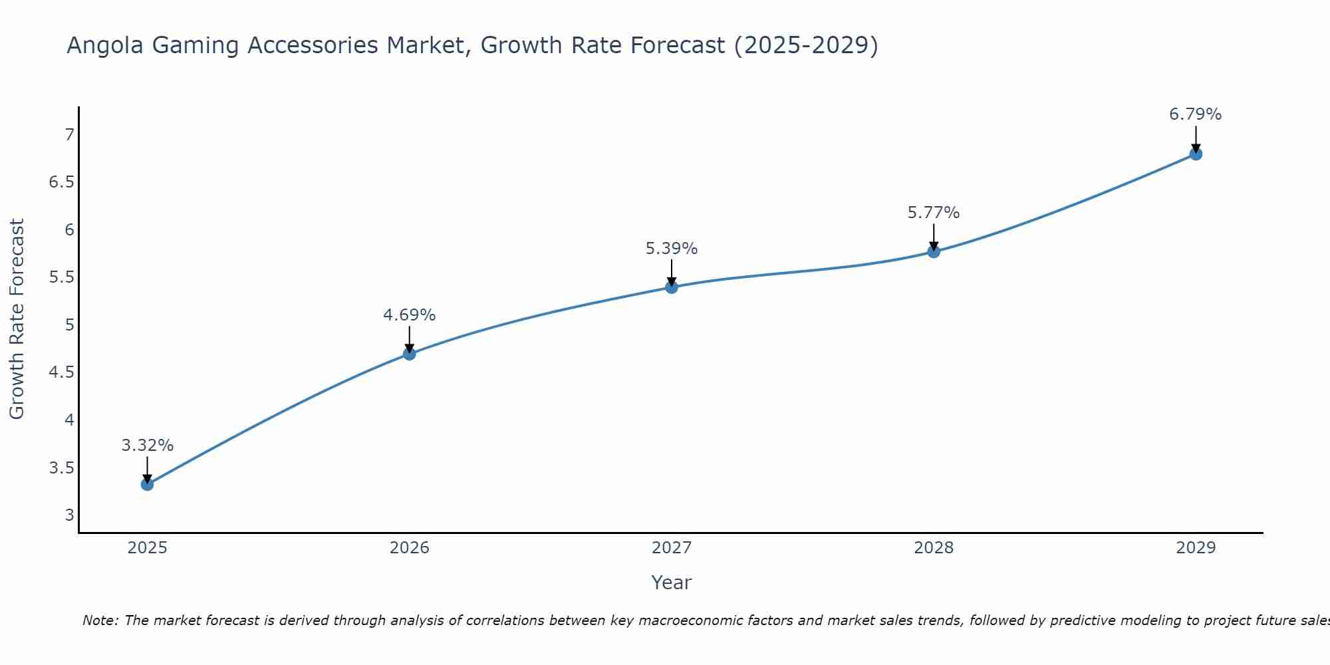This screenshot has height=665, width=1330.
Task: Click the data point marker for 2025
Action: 147,484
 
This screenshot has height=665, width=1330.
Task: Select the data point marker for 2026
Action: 410,354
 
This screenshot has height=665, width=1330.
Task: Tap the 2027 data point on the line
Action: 672,287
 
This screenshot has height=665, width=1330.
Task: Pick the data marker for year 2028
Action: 934,251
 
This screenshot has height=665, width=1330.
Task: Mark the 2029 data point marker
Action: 1196,154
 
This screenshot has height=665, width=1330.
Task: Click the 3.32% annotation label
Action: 147,446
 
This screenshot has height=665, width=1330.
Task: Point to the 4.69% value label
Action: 410,315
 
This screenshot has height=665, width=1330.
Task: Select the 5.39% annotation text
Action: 672,249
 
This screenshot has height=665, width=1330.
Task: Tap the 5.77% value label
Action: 934,213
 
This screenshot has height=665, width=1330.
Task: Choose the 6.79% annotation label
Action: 1196,114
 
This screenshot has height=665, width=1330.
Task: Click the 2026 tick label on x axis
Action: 410,548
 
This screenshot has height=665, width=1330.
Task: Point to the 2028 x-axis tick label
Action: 934,548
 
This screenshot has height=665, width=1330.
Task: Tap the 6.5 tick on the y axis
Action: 62,182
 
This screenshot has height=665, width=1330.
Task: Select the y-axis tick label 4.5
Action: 62,372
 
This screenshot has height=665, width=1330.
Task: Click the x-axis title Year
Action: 672,583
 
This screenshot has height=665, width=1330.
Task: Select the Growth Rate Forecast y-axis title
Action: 17,319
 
